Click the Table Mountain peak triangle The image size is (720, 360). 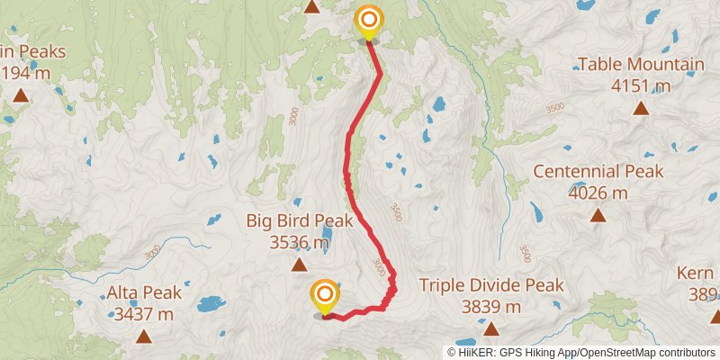click(641, 109)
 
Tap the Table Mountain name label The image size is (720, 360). click(641, 65)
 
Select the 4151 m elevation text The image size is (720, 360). click(641, 85)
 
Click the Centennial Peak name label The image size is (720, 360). click(598, 171)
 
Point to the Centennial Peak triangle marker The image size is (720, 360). click(598, 215)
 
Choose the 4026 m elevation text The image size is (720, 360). click(598, 192)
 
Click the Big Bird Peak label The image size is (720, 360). click(299, 220)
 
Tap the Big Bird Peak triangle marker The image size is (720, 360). click(299, 265)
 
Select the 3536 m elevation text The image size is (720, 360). click(299, 241)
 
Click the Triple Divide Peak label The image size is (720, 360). click(491, 285)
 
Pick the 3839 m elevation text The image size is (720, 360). click(491, 307)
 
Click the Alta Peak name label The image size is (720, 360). click(144, 292)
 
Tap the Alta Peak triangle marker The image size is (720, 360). click(144, 337)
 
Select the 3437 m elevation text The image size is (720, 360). click(144, 314)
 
